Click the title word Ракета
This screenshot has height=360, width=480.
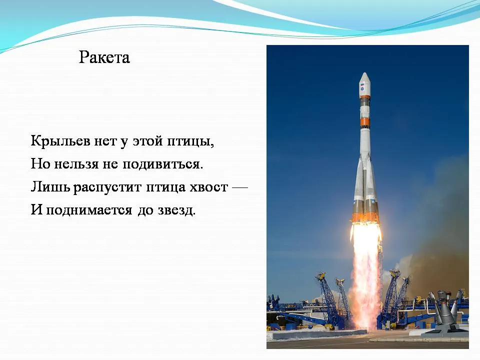[x=104, y=57]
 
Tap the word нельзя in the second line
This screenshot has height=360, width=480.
[x=76, y=164]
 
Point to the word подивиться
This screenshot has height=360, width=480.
[x=163, y=164]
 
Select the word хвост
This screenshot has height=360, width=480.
[x=209, y=187]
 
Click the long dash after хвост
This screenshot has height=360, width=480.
[x=240, y=187]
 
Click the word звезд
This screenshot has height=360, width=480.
[x=176, y=210]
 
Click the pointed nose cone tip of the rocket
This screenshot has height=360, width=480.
[x=364, y=73]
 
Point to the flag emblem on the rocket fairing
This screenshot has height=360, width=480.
[x=362, y=84]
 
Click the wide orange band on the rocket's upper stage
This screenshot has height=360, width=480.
[x=364, y=122]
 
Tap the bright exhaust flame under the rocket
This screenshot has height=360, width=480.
[x=366, y=269]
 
